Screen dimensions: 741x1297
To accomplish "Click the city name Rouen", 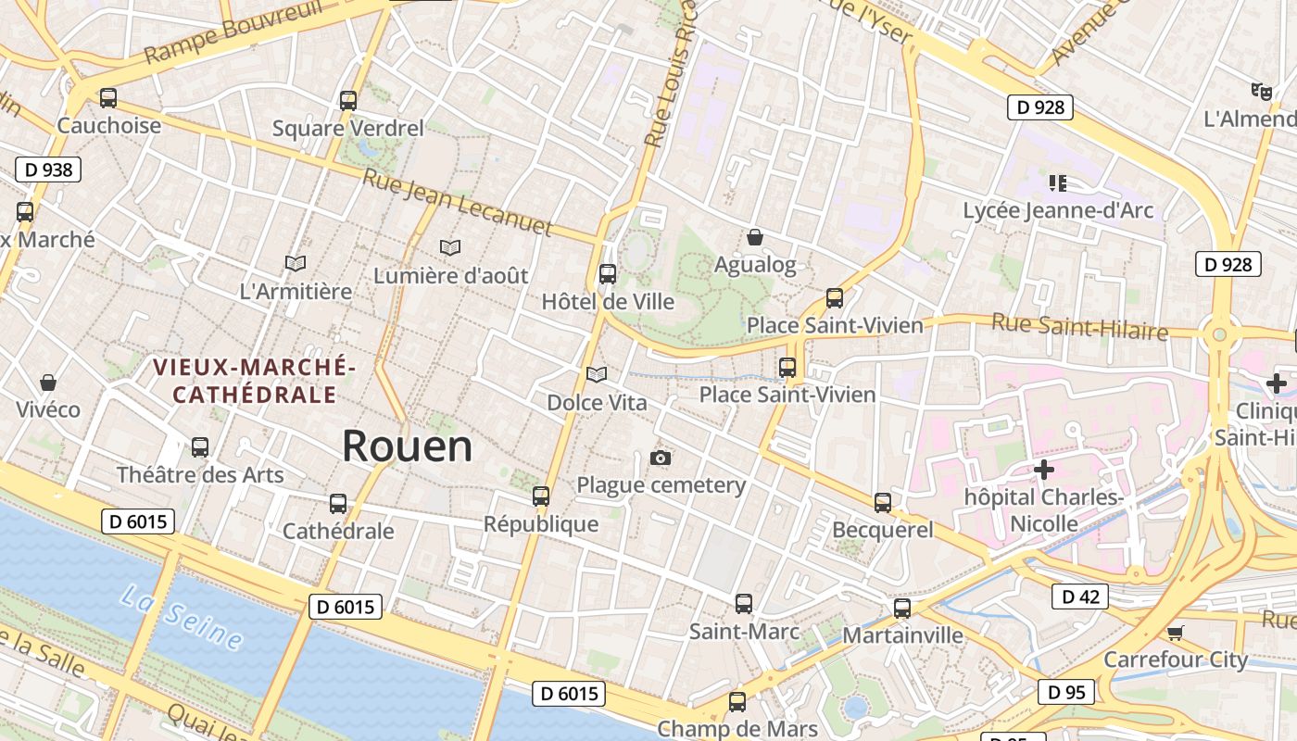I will pos(407,446).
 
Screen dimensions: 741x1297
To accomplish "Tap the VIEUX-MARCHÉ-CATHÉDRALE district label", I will pos(255,381).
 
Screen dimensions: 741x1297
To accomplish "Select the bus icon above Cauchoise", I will pos(108,98).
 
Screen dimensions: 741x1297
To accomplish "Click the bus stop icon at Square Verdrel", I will pos(348,101).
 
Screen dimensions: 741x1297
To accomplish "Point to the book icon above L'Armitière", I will pos(296,264).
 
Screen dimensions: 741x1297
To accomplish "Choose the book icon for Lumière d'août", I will pos(450,248).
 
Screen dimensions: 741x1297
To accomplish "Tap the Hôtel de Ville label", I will pos(608,302).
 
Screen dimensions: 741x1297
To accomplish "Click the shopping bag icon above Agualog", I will pos(755,238).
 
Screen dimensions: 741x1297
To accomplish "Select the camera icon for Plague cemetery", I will pos(661,458).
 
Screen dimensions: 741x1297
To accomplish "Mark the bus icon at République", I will pos(541,496).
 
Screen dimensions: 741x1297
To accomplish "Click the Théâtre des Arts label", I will pos(200,475).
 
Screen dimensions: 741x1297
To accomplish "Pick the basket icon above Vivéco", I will pos(48,383).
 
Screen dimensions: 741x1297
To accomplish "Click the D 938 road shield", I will pos(48,170).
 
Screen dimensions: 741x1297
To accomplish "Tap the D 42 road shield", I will pos(1079,597).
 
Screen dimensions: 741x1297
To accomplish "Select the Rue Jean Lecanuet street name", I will pos(457,202).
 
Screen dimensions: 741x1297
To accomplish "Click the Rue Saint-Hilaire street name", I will pos(1079,327).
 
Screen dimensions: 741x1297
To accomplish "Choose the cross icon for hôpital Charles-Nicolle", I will pos(1044,470).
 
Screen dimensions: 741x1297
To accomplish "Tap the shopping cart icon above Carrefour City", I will pos(1175,633).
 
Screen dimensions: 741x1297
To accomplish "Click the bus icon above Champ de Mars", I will pos(737,701).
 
